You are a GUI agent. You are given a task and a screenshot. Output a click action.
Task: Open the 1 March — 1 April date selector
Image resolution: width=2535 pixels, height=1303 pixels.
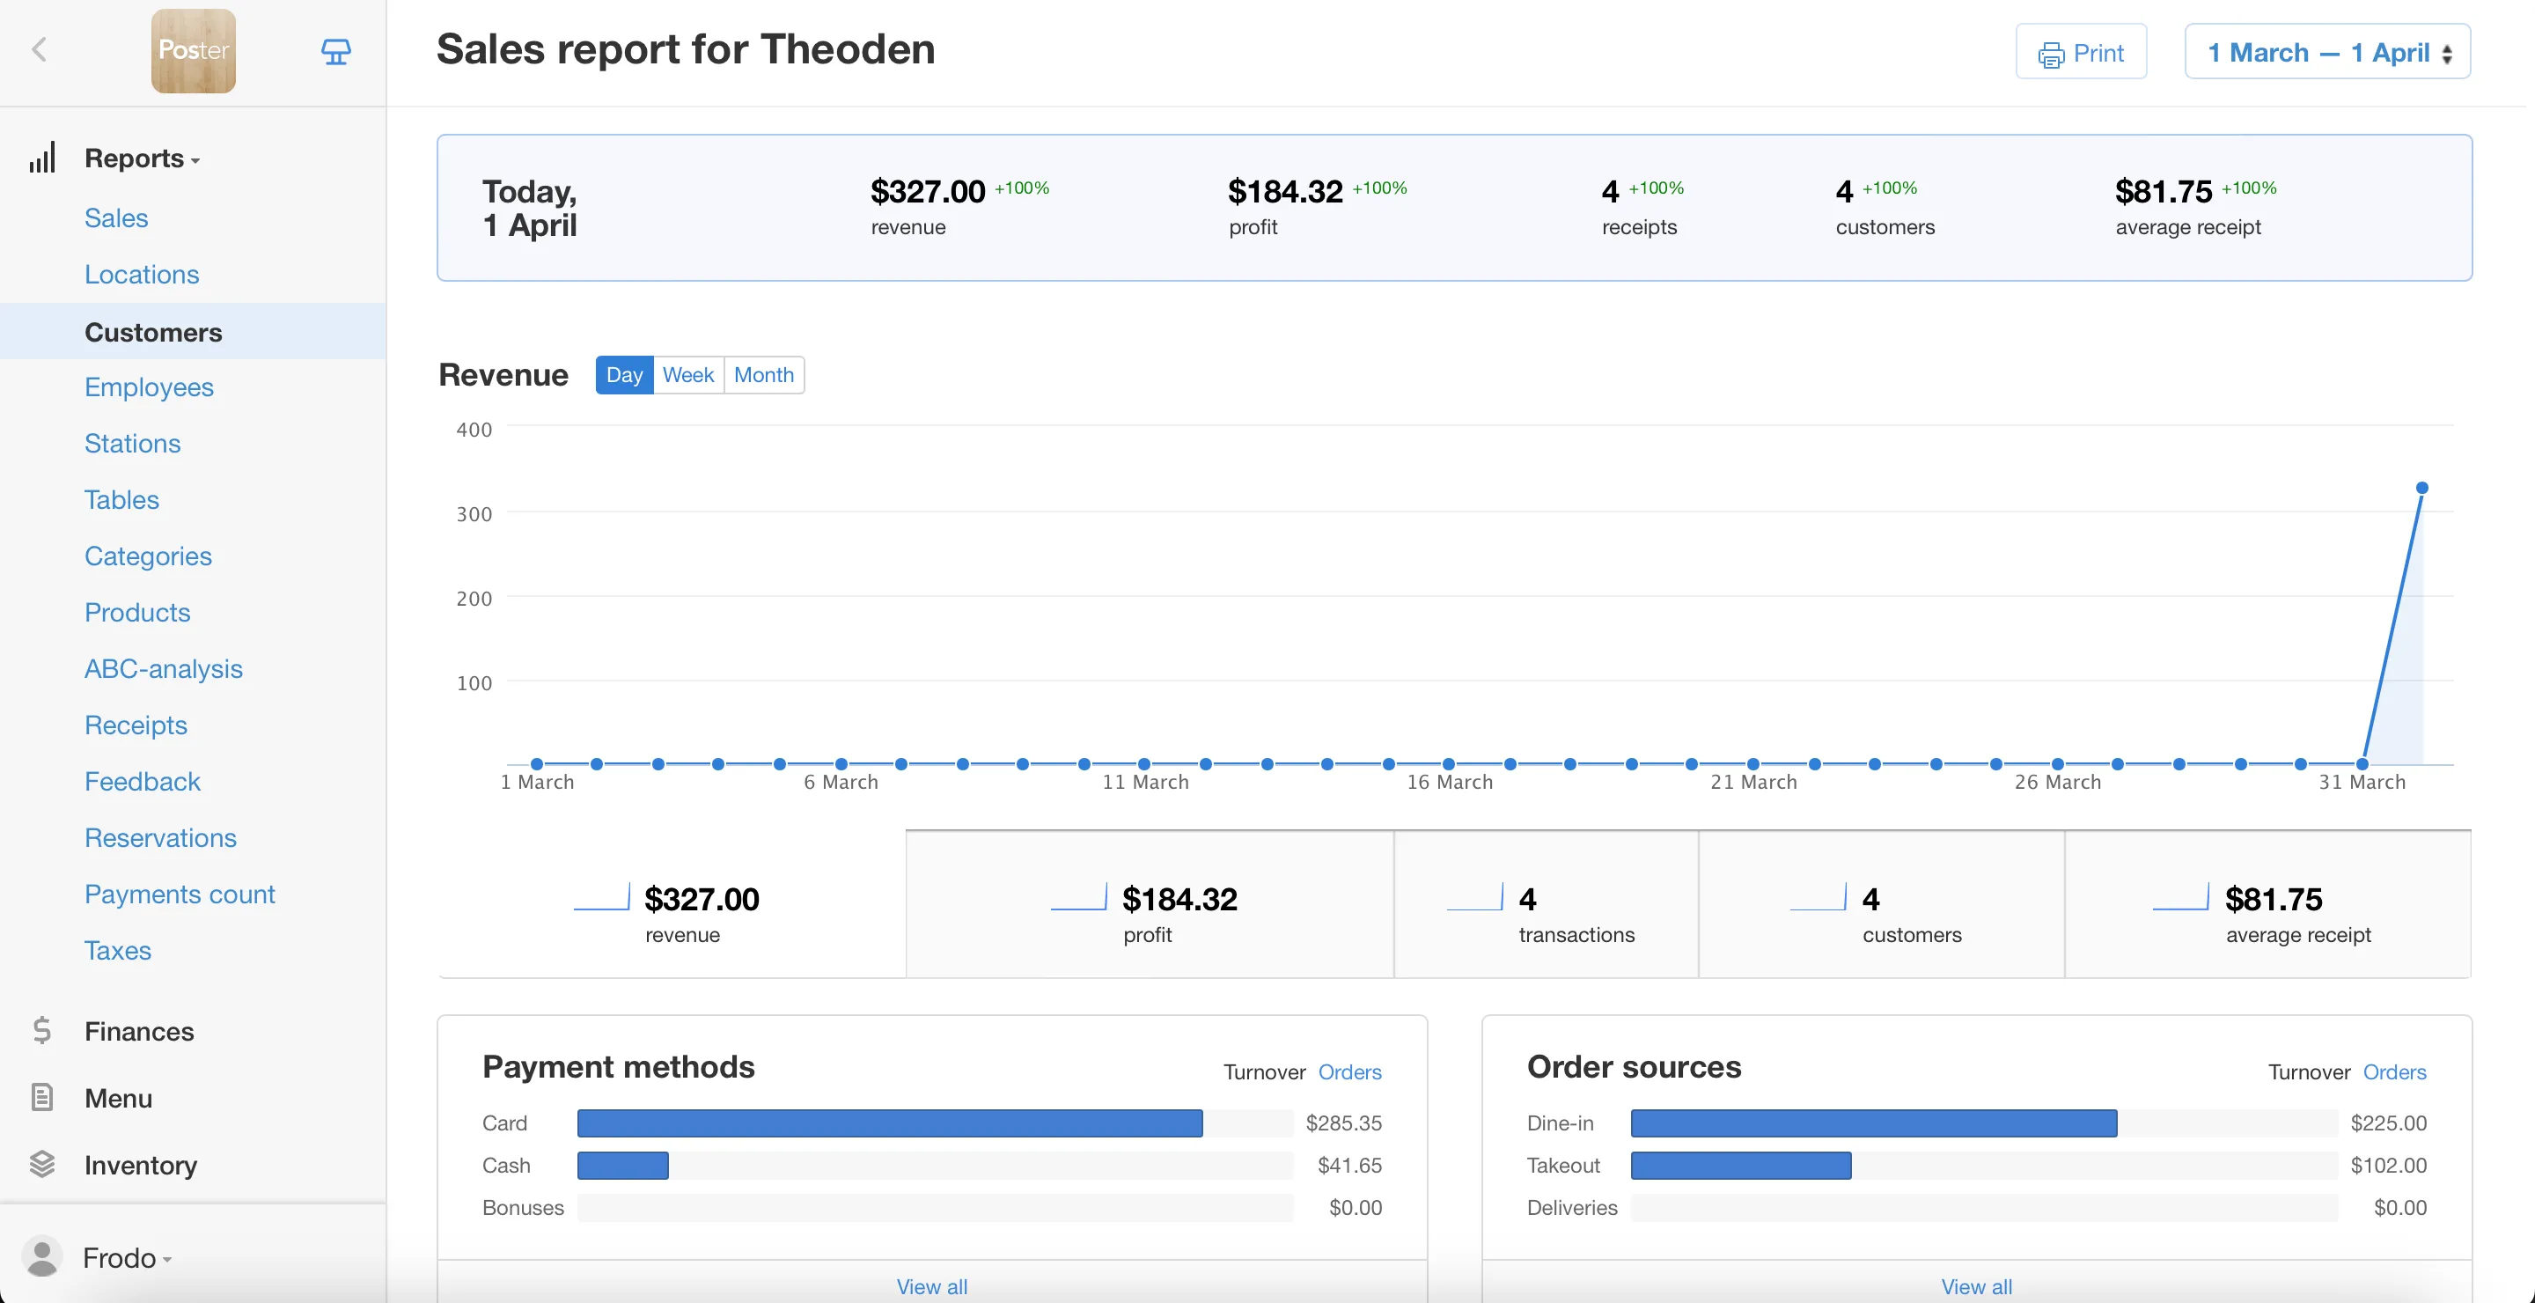tap(2326, 52)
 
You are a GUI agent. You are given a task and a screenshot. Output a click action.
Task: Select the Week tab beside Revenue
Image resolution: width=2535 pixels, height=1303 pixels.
tap(687, 375)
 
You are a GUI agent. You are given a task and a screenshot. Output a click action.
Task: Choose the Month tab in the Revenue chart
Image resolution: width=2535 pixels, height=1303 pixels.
tap(764, 375)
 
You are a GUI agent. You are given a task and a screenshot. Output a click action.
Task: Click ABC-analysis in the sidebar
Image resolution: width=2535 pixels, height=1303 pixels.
tap(164, 669)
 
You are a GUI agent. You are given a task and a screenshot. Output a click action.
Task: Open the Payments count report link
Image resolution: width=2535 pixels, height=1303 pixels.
tap(179, 894)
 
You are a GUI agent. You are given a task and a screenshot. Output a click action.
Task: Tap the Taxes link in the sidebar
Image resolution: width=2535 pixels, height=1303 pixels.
tap(117, 951)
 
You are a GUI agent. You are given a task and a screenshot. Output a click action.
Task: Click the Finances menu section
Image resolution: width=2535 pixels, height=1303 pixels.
tap(139, 1031)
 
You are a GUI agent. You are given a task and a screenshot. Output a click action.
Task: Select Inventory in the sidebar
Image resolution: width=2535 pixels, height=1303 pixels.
tap(141, 1166)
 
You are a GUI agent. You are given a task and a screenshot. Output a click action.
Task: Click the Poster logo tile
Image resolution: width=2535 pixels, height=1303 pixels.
tap(193, 51)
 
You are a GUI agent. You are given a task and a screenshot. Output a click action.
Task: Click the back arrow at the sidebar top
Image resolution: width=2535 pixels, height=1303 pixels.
tap(40, 50)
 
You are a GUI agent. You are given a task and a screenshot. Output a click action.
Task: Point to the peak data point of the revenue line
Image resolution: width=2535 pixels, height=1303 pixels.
tap(2421, 488)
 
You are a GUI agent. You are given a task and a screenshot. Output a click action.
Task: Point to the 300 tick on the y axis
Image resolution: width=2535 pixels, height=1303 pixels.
tap(474, 514)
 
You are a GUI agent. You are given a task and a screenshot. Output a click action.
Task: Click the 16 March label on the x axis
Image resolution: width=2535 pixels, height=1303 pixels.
tap(1450, 783)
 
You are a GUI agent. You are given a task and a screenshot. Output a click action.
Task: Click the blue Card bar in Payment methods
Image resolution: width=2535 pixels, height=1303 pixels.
tap(889, 1123)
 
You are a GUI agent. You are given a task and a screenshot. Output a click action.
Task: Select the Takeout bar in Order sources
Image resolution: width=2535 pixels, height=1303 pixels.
tap(1740, 1166)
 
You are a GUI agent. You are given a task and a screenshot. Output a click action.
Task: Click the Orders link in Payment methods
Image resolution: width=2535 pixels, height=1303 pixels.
tap(1349, 1071)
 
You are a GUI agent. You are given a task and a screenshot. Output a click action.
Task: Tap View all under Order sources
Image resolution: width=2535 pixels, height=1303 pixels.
tap(1976, 1286)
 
